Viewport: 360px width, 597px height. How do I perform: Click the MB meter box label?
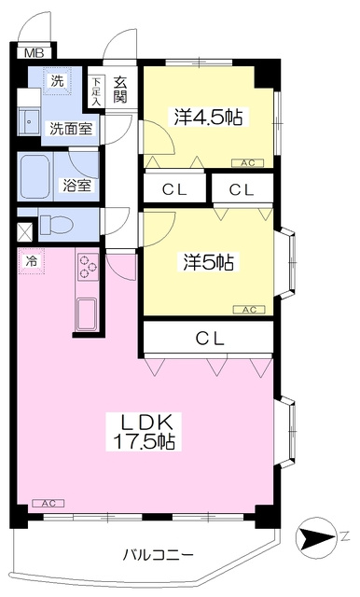tap(34, 53)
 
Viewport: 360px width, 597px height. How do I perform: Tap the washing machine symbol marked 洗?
tap(57, 81)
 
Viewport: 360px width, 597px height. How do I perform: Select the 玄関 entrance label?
tap(120, 90)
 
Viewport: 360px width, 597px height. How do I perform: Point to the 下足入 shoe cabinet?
tap(97, 91)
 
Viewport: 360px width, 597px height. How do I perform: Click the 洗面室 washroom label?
tap(71, 129)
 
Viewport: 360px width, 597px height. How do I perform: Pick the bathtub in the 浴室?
tap(35, 176)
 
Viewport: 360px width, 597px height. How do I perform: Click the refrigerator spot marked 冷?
tap(32, 261)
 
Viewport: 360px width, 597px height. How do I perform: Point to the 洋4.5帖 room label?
tap(209, 117)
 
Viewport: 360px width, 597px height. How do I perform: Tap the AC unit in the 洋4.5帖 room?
tap(248, 163)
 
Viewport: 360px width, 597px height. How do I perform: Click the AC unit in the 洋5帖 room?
tap(250, 310)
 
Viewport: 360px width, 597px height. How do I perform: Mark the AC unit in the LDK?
tap(48, 504)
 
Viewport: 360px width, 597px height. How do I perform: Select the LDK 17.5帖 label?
tap(145, 431)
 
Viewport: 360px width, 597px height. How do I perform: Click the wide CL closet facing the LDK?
tap(208, 338)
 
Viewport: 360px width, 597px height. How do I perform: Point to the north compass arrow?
tap(316, 537)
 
